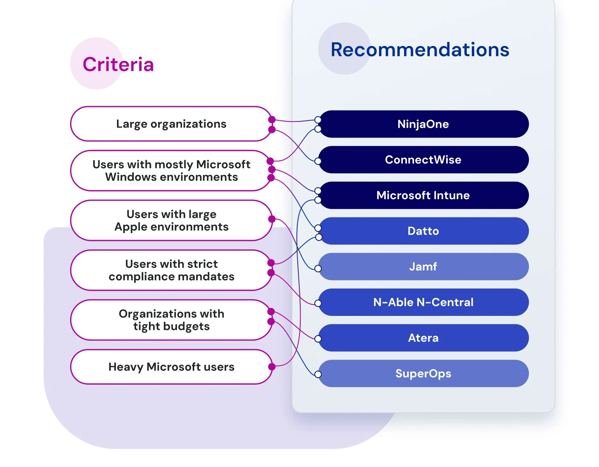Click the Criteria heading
point(118,64)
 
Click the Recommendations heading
point(420,50)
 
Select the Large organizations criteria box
point(171,124)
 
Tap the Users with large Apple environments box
point(171,221)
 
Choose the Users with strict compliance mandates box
point(171,270)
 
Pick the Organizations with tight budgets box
point(171,320)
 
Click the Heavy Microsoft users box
point(171,367)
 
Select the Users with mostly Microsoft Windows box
point(171,171)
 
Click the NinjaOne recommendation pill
point(423,124)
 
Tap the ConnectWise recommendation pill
point(423,160)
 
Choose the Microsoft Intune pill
point(423,195)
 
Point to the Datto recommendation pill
point(423,231)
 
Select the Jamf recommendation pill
point(423,267)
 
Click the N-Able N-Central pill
point(423,302)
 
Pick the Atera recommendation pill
point(423,338)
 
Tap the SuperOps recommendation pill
point(423,374)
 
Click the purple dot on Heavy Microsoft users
point(272,367)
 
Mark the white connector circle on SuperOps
point(318,374)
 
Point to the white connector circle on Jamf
point(318,269)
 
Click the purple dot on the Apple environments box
point(272,219)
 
